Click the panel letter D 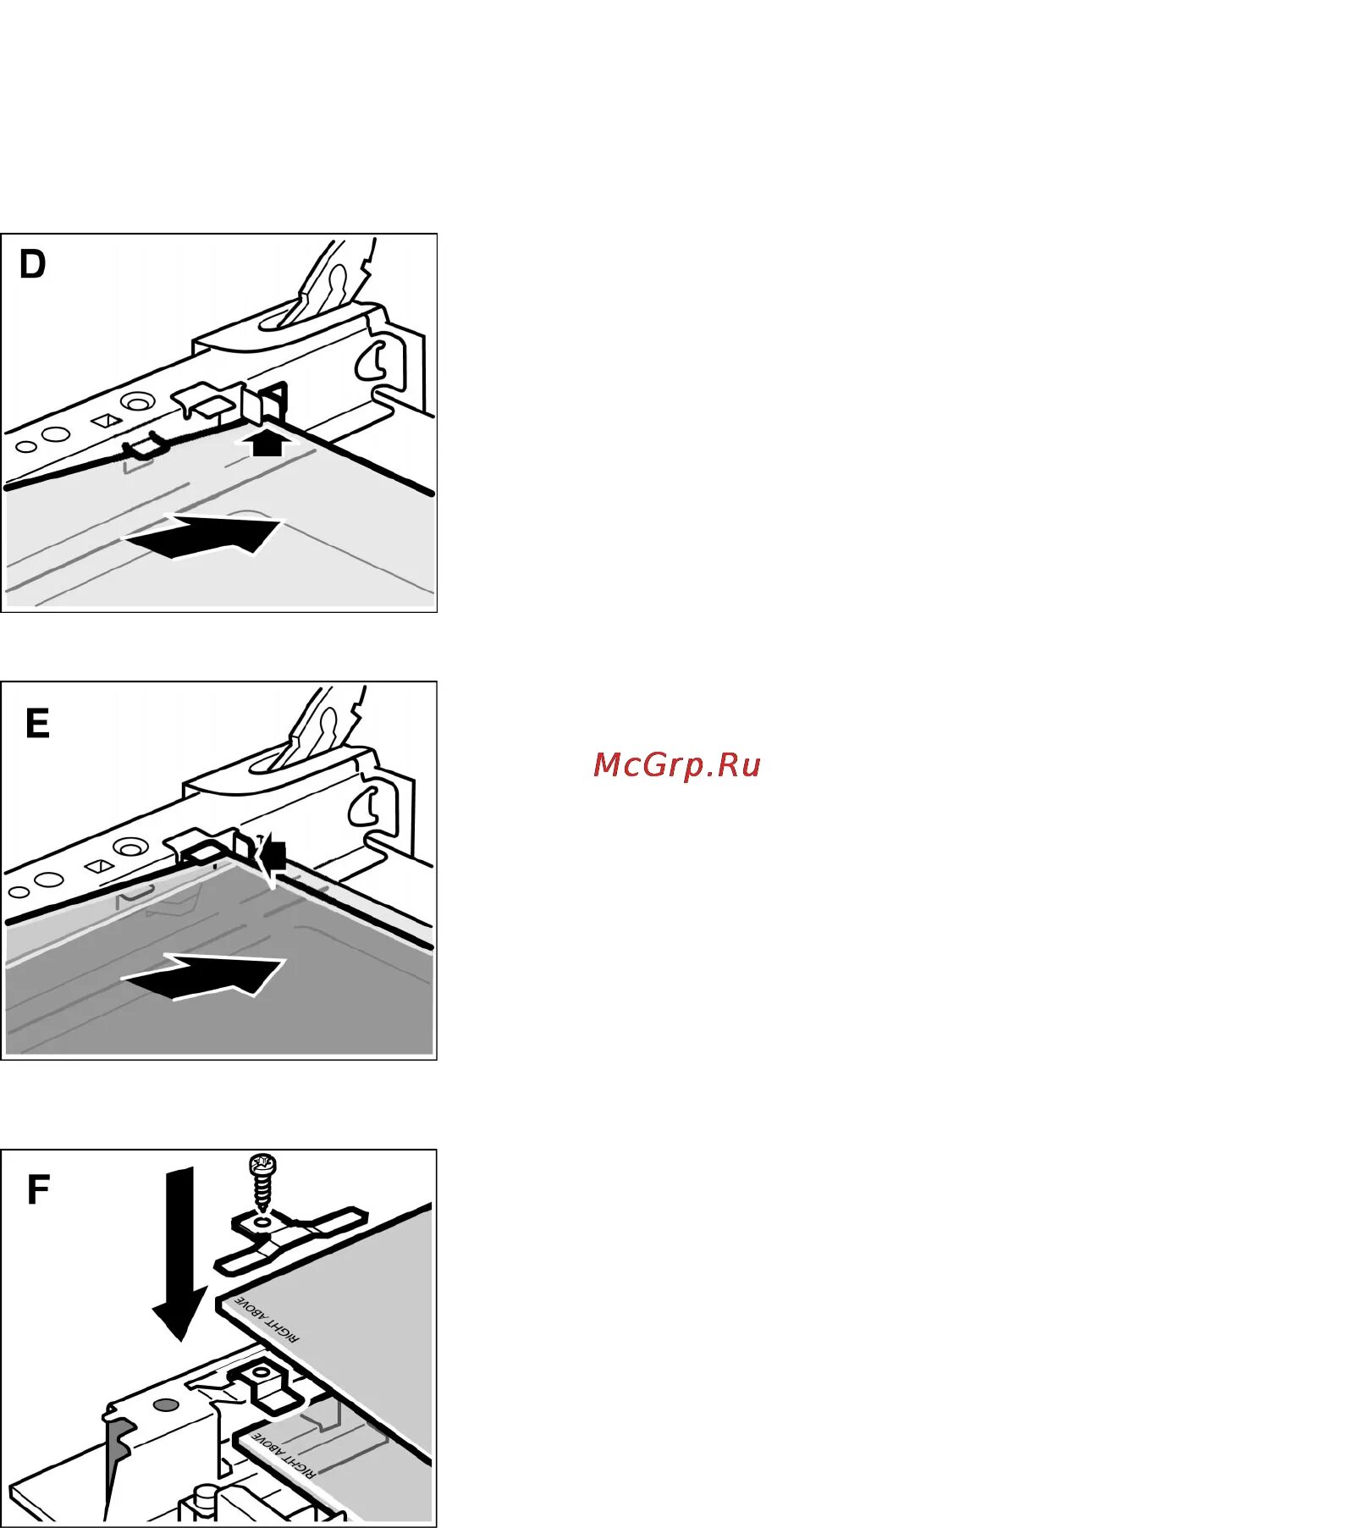click(32, 265)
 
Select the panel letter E click(37, 724)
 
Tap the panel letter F click(38, 1189)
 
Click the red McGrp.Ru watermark click(676, 764)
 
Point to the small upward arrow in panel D click(267, 442)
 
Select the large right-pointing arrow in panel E click(207, 976)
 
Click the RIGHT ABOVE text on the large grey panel click(266, 1318)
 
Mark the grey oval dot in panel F click(166, 1404)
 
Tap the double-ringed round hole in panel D click(137, 400)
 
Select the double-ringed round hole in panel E click(129, 847)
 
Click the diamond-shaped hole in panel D click(106, 420)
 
